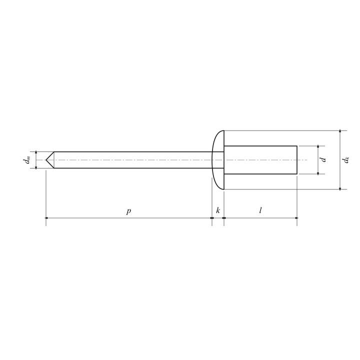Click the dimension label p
pyautogui.click(x=128, y=211)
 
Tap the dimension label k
pyautogui.click(x=218, y=210)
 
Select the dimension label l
pyautogui.click(x=260, y=210)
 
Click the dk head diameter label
pyautogui.click(x=346, y=160)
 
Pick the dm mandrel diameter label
pyautogui.click(x=27, y=160)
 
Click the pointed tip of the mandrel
pyautogui.click(x=46, y=160)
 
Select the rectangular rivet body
pyautogui.click(x=260, y=160)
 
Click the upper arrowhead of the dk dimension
pyautogui.click(x=340, y=131)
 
